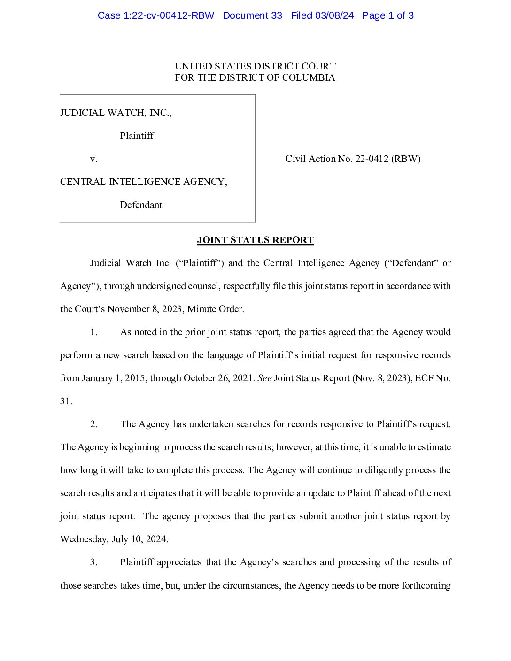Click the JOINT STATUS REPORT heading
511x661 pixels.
pyautogui.click(x=255, y=240)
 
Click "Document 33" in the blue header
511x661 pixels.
pyautogui.click(x=252, y=15)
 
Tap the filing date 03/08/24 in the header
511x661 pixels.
pyautogui.click(x=334, y=15)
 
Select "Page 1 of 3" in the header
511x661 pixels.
pyautogui.click(x=388, y=15)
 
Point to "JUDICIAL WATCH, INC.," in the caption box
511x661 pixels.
pyautogui.click(x=116, y=113)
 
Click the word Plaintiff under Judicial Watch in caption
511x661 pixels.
pyautogui.click(x=137, y=136)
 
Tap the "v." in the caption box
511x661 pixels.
pyautogui.click(x=94, y=159)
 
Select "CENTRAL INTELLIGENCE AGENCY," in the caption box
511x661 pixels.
pyautogui.click(x=143, y=182)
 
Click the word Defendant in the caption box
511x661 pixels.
pyautogui.click(x=141, y=205)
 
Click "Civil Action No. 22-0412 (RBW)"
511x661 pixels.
pyautogui.click(x=353, y=159)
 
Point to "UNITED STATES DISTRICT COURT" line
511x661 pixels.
pyautogui.click(x=255, y=66)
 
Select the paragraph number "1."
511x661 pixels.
pyautogui.click(x=94, y=332)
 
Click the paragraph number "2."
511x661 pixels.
pyautogui.click(x=94, y=424)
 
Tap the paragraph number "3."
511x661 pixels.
pyautogui.click(x=94, y=562)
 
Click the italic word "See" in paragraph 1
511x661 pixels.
pyautogui.click(x=264, y=378)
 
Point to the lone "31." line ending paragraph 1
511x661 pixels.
pyautogui.click(x=66, y=401)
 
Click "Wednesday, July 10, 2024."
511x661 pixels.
pyautogui.click(x=114, y=539)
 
